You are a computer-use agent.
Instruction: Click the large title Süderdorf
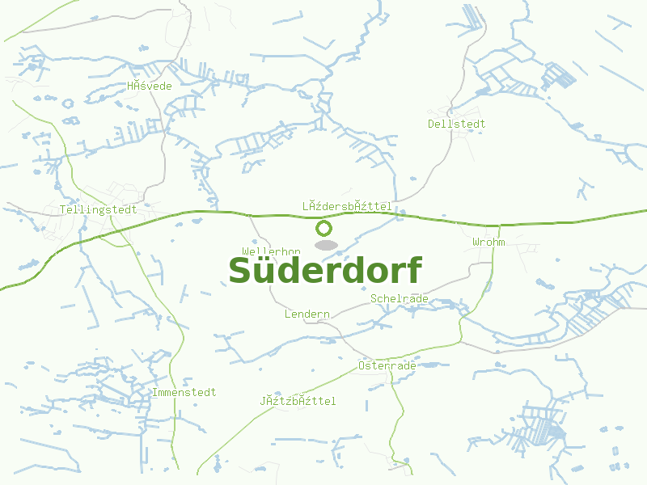(325, 270)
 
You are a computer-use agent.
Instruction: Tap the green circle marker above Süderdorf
(324, 228)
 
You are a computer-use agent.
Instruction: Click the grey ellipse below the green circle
(325, 245)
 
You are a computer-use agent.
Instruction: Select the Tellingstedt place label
(99, 209)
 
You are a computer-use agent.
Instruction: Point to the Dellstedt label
(457, 124)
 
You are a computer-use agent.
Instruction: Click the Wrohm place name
(488, 242)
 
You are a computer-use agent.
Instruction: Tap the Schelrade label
(400, 298)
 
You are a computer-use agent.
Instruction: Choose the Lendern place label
(307, 314)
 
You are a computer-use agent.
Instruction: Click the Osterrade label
(387, 365)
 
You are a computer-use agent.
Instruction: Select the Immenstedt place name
(184, 392)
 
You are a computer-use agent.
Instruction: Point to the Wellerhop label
(271, 251)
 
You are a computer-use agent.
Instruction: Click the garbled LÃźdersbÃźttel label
(347, 206)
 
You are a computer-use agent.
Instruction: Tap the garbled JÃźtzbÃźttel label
(298, 401)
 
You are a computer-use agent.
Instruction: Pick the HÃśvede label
(150, 86)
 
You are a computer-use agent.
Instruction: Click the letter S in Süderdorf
(242, 271)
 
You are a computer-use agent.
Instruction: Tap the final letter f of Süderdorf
(412, 269)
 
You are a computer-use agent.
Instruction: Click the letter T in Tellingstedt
(63, 209)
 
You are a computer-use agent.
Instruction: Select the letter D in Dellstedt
(432, 124)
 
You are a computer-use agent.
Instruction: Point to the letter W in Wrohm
(476, 242)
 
